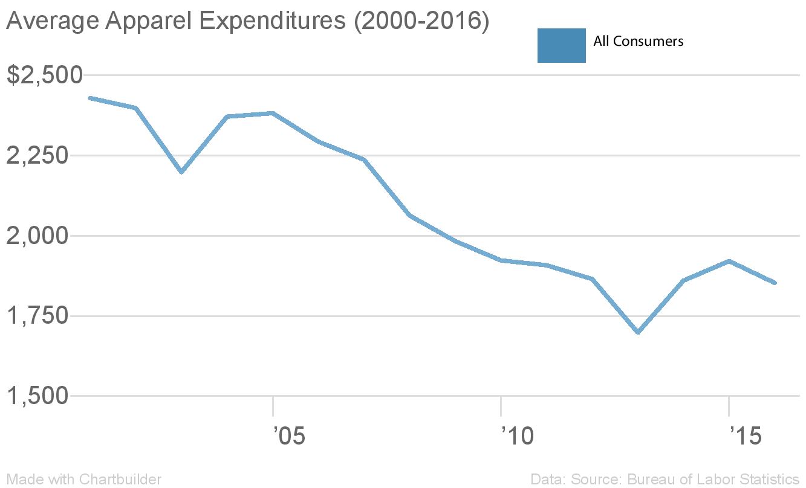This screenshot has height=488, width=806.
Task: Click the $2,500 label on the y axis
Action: point(44,75)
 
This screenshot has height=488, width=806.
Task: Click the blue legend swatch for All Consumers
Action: point(561,45)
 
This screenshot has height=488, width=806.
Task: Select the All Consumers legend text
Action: point(639,41)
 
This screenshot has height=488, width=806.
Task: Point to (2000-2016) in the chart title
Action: point(421,22)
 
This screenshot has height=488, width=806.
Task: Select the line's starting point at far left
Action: point(89,98)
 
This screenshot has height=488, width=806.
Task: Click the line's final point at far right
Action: point(775,283)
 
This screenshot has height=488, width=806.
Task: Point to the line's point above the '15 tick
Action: point(729,261)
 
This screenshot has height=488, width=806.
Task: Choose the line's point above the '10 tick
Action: point(501,260)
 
